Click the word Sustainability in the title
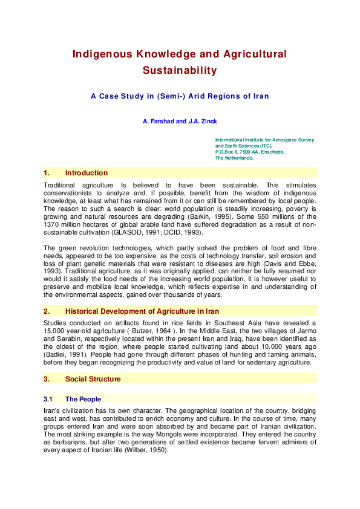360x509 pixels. (180, 71)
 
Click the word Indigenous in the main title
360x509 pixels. (101, 54)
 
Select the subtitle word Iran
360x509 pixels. (261, 96)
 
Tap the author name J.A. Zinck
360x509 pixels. (201, 122)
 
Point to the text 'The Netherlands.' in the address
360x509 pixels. (234, 158)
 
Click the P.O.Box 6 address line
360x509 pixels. (249, 152)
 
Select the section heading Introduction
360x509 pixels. (87, 173)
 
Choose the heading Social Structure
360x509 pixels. (93, 379)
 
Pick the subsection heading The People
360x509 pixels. (83, 399)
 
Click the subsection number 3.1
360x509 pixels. (48, 399)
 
